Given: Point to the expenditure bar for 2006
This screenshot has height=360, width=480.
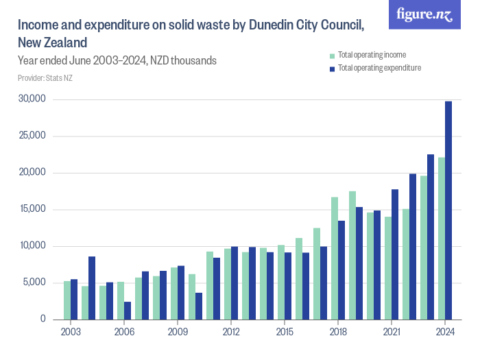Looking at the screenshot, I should (x=128, y=310).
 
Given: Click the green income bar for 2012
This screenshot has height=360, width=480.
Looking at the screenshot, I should (x=228, y=284).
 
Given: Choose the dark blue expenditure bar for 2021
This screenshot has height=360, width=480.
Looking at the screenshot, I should (x=395, y=254).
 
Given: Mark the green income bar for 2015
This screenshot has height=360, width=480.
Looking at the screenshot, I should (x=281, y=282).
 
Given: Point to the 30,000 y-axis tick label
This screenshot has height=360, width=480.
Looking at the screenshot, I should (x=32, y=99).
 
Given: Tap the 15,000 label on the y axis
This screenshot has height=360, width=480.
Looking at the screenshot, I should (x=32, y=209).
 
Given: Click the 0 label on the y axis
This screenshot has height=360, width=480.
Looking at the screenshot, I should (x=43, y=319).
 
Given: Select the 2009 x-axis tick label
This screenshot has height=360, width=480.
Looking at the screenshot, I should (x=178, y=332).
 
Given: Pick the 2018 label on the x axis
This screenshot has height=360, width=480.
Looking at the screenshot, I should (x=338, y=332).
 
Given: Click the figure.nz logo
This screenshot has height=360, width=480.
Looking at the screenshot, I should (x=424, y=14).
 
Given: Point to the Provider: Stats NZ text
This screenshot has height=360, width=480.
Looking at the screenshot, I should (x=45, y=78).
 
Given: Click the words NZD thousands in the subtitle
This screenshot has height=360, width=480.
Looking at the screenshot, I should (x=184, y=60).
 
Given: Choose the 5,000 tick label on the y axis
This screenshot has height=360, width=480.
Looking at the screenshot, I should (x=34, y=283).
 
